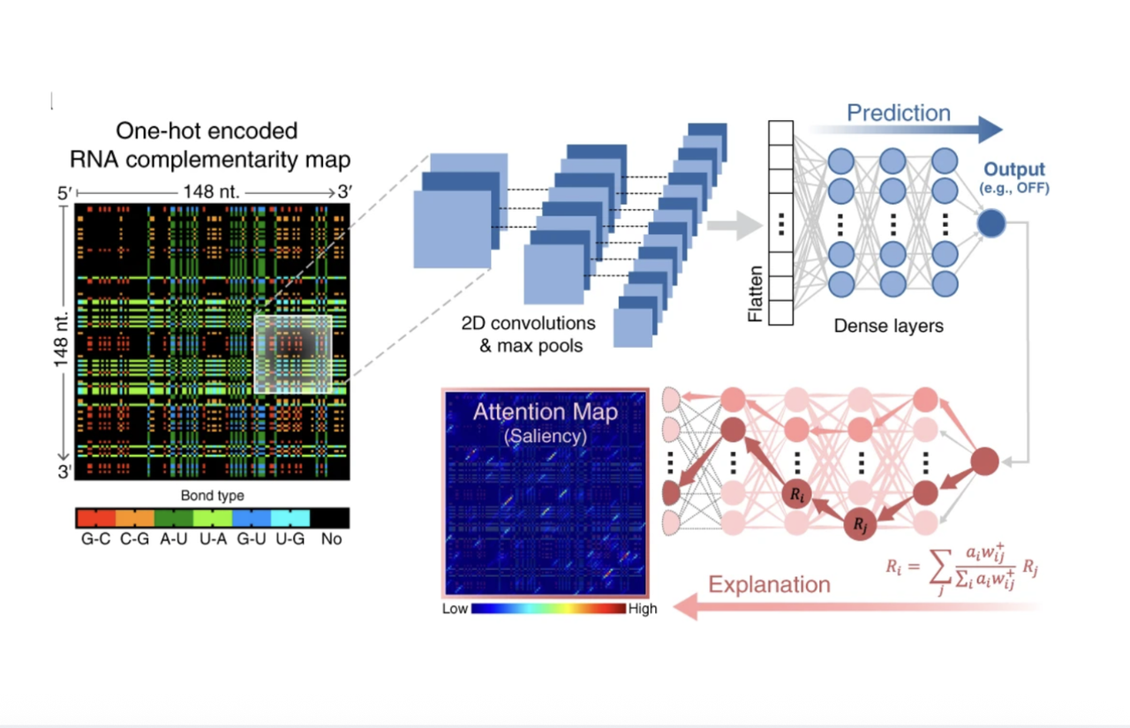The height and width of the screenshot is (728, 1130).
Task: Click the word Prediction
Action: point(898,113)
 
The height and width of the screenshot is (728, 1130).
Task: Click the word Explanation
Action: point(769,584)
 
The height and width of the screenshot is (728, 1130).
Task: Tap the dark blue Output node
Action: point(991,223)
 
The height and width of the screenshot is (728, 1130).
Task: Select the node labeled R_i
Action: point(796,494)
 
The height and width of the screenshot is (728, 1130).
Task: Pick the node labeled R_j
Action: point(860,524)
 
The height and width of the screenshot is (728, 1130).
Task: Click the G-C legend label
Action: point(95,538)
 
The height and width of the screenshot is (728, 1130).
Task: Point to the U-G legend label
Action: point(290,538)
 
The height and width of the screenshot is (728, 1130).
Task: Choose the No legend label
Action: point(331,538)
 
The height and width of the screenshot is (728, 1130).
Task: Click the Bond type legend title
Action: point(212,496)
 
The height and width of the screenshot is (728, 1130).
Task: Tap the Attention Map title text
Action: point(545,412)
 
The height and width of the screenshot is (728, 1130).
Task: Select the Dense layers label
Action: point(888,326)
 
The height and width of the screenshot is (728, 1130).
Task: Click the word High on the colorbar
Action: point(643,609)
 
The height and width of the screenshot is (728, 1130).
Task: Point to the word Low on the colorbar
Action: point(455,609)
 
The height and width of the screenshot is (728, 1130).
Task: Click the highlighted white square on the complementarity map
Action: point(293,354)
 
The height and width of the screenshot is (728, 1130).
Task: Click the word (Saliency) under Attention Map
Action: point(545,435)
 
